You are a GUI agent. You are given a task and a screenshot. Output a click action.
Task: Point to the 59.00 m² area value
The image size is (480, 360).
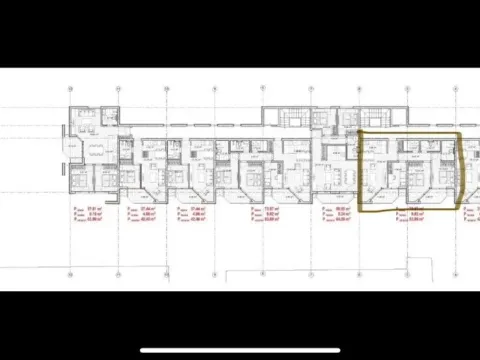click(x=340, y=206)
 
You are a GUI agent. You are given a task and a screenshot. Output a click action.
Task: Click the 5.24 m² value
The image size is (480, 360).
click(x=340, y=212)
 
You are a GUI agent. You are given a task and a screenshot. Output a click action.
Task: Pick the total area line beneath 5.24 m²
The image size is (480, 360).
click(x=340, y=218)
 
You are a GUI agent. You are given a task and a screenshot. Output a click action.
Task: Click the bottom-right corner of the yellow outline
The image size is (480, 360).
click(x=458, y=207)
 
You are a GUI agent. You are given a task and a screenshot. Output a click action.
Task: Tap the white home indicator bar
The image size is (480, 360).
click(x=239, y=349)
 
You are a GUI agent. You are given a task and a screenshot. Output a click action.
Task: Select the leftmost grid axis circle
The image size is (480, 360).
click(x=69, y=88)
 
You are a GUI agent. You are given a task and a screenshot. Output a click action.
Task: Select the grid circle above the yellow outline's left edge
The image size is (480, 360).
click(x=359, y=88)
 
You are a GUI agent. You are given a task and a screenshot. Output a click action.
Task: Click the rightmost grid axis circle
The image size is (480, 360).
click(x=459, y=88)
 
